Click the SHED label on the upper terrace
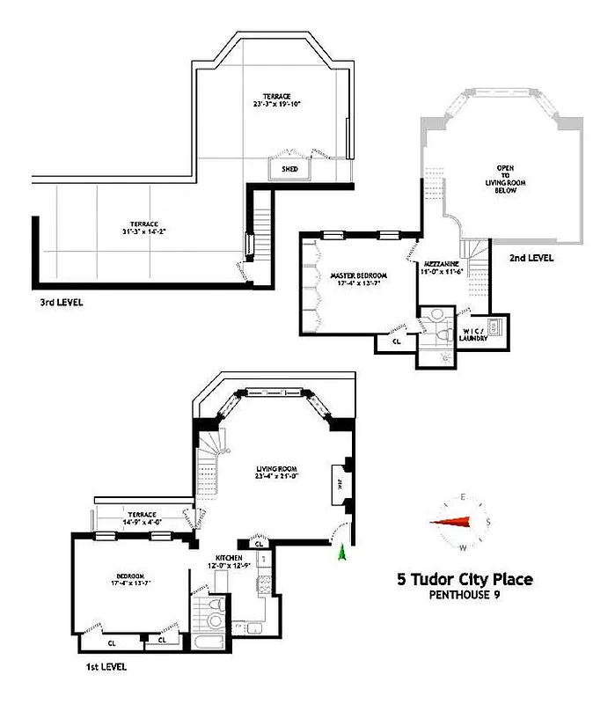[289, 168]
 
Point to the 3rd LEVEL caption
[55, 301]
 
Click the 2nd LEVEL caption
[531, 258]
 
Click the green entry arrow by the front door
[341, 551]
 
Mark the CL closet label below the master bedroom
[396, 341]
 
